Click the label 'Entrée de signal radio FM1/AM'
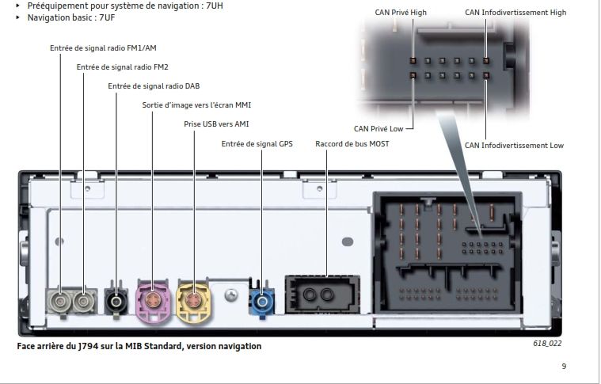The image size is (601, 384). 103,48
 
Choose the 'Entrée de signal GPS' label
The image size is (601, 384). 257,144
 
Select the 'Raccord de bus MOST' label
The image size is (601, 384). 352,144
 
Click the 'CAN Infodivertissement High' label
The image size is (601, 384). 515,13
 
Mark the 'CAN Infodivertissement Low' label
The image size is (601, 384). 514,146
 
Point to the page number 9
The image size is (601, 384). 564,366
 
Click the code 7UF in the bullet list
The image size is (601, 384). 99,17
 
